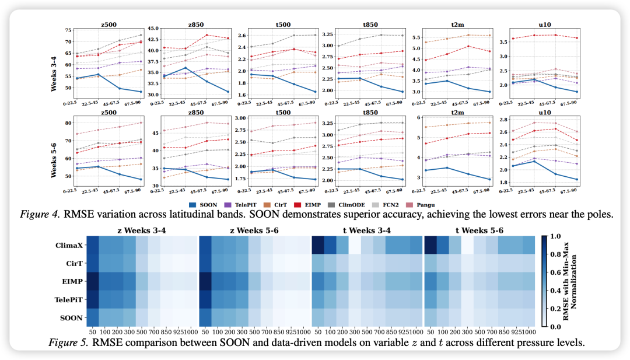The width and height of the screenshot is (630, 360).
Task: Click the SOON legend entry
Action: click(x=205, y=204)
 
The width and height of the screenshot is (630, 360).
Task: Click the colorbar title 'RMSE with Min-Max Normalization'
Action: click(x=575, y=283)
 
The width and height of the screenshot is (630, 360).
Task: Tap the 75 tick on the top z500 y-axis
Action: click(x=68, y=30)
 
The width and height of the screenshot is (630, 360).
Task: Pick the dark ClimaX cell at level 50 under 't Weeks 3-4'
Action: click(x=318, y=246)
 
